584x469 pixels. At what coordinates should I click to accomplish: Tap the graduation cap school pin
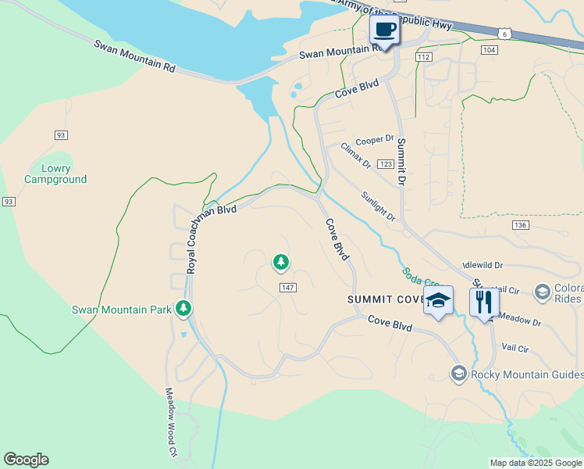point(438,301)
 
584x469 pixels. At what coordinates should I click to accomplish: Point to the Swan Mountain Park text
point(121,310)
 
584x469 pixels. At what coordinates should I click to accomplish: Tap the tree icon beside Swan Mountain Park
point(183,309)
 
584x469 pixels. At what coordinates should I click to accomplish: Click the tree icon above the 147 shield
point(281,262)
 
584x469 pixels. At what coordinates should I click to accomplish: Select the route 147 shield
point(287,288)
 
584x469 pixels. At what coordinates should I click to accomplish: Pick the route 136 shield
point(521,225)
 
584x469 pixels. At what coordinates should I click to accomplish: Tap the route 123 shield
point(386,164)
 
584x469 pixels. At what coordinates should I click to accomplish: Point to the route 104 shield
point(489,49)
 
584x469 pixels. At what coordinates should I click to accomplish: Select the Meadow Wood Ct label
point(170,423)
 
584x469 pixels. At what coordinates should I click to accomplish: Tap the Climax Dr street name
point(356,156)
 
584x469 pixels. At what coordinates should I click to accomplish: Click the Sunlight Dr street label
point(379,206)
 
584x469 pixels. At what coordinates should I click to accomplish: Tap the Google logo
point(26,460)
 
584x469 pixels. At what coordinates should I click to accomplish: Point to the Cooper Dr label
point(375,140)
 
